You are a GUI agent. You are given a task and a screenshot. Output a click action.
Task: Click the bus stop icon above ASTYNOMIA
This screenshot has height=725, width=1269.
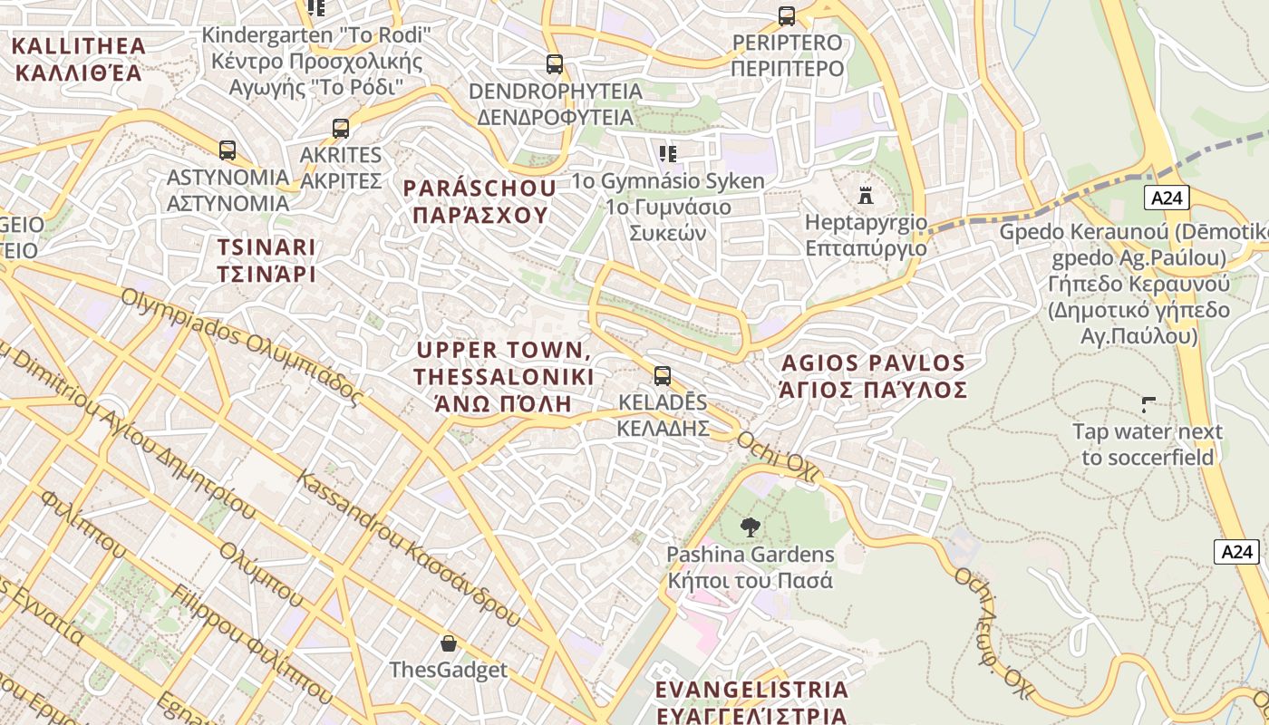click(227, 150)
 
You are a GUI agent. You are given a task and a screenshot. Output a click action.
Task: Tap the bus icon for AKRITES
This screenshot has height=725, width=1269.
click(341, 129)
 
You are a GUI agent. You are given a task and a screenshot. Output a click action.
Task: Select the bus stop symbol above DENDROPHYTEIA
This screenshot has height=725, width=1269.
click(555, 64)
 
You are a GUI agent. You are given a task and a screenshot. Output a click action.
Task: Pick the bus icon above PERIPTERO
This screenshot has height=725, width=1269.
click(787, 15)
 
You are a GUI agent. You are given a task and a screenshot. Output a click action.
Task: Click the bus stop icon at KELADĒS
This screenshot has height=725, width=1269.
click(663, 375)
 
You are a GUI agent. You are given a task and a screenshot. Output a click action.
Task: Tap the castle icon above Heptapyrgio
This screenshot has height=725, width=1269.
click(866, 195)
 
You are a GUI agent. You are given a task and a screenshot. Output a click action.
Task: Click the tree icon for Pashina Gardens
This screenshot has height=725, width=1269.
click(750, 527)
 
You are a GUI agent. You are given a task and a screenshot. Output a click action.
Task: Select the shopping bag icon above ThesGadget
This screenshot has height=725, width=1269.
click(448, 643)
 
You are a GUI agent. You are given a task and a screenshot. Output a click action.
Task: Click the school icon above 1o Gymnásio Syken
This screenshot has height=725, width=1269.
click(668, 153)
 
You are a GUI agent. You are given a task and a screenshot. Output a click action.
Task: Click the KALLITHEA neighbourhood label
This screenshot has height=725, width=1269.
click(79, 59)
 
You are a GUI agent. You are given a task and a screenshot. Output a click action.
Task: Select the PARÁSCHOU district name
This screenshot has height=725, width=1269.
click(480, 201)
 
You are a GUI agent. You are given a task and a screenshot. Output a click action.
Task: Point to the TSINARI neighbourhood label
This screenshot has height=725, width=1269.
click(266, 260)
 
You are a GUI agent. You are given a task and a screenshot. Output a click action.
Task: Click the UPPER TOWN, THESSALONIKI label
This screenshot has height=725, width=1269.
click(504, 376)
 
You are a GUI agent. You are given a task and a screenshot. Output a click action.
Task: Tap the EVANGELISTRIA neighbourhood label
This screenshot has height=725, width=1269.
click(751, 701)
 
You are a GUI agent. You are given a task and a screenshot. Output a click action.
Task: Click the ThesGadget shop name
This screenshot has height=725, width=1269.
click(448, 670)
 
